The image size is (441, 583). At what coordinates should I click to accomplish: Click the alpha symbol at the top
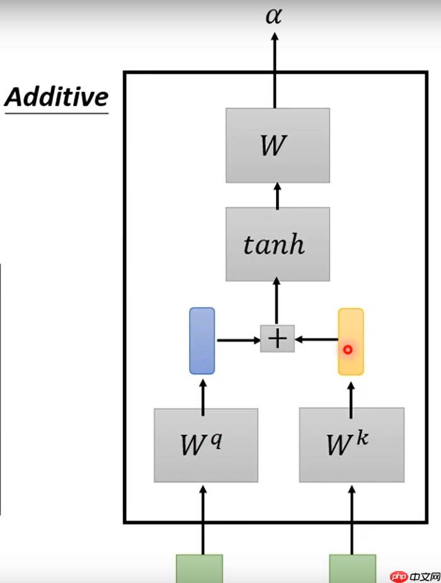273,15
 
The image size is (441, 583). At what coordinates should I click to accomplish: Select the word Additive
57,97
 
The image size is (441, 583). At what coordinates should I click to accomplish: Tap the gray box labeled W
277,145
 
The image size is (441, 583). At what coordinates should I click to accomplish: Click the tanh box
277,244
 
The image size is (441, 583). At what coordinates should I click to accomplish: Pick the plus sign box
277,339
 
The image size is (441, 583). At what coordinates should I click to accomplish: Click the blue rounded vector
202,340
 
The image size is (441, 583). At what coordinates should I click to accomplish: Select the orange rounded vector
351,341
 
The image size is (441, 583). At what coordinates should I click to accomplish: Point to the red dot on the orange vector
347,349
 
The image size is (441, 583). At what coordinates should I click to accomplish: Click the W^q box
205,445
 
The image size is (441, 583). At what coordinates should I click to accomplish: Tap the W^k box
351,444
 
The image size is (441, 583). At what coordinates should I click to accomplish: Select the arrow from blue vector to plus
238,340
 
